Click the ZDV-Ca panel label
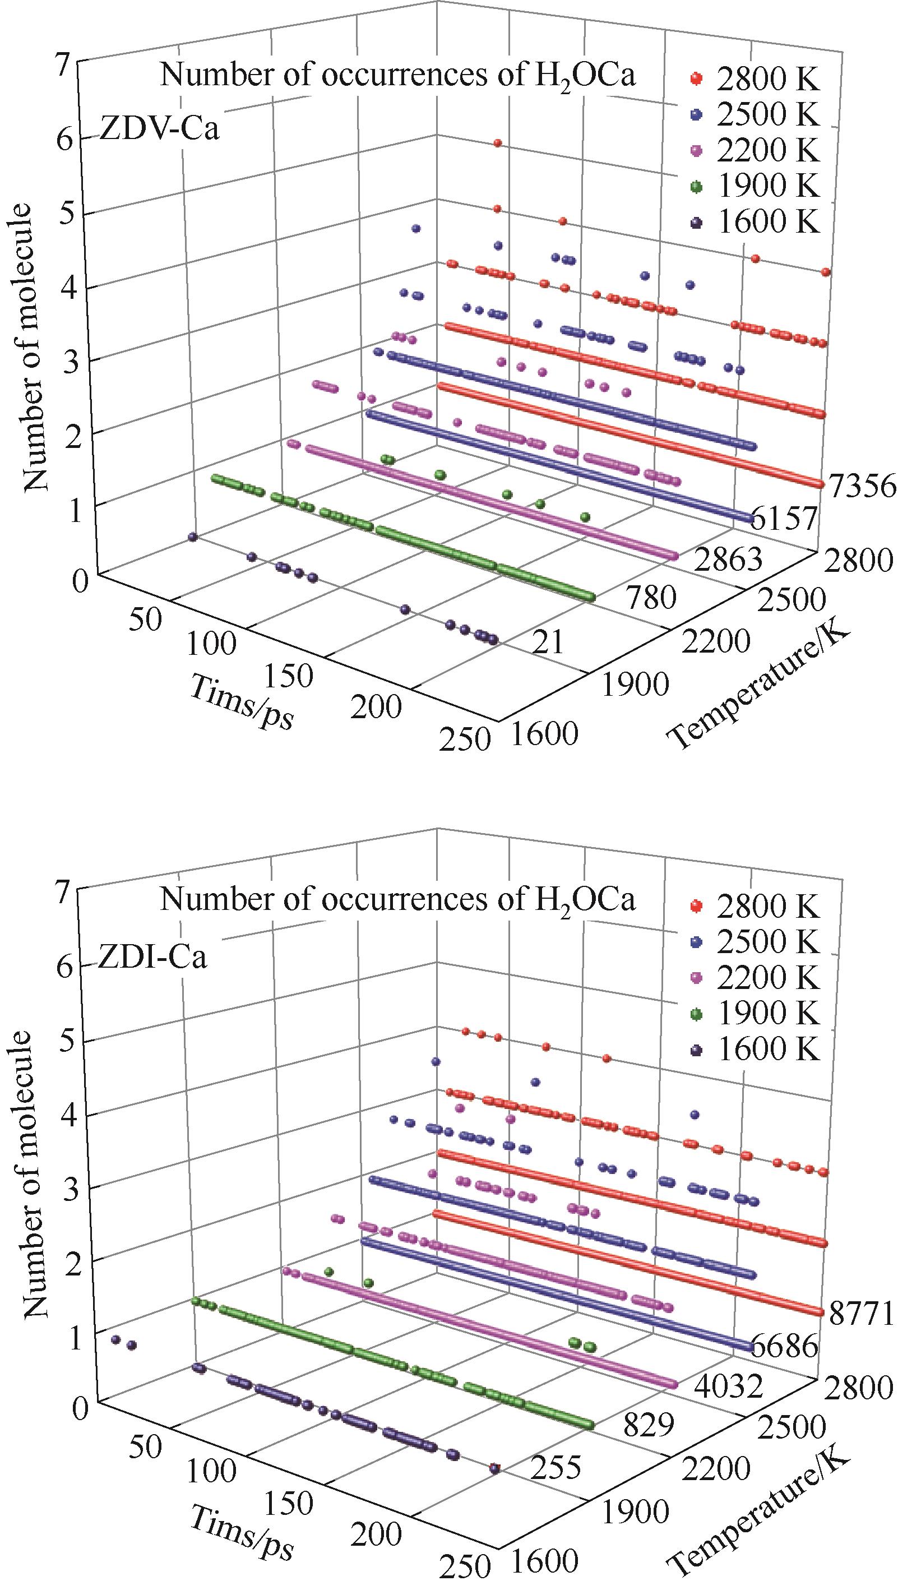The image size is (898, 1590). click(159, 131)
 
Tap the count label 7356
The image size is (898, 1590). click(862, 487)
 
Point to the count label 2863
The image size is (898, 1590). click(726, 561)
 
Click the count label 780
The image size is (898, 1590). click(650, 598)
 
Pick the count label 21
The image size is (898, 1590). click(548, 643)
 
